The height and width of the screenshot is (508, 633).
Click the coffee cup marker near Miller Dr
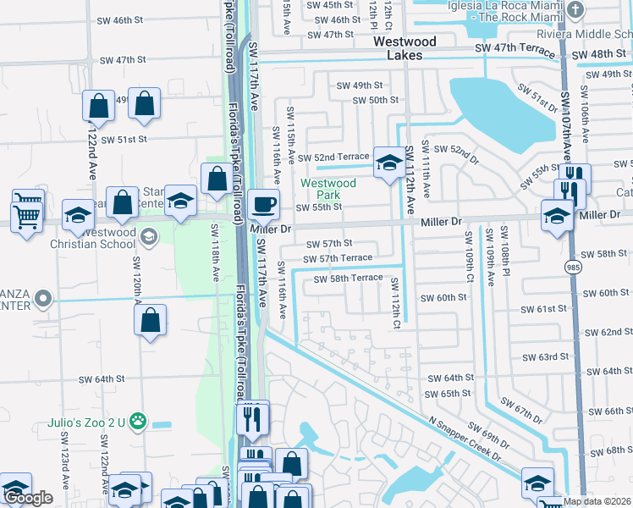point(263,204)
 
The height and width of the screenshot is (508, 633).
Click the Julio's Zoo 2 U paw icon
point(137,421)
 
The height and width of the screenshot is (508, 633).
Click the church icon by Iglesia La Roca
point(575,10)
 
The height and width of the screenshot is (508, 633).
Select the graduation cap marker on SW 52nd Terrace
point(389,162)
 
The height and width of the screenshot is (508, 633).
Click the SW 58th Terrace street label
point(349,279)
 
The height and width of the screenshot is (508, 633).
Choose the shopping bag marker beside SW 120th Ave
point(150,321)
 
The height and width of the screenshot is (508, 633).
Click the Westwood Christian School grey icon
point(149,235)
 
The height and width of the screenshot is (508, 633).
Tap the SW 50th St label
point(373,100)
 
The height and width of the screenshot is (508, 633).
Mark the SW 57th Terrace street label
point(338,257)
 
